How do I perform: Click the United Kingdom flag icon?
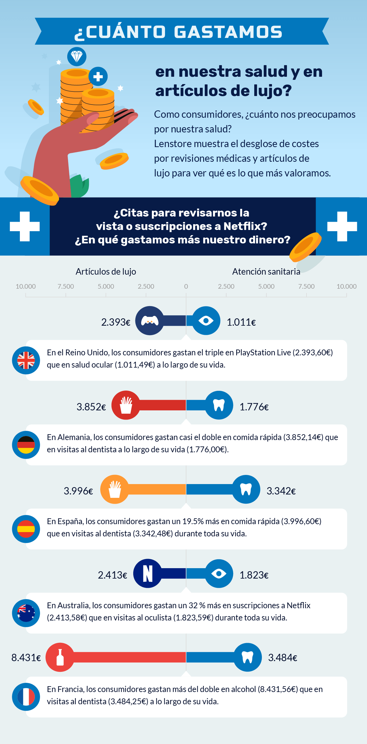26,360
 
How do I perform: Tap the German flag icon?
26,445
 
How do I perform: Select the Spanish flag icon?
26,529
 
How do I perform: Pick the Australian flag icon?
26,613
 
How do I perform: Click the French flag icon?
26,697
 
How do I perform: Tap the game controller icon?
149,321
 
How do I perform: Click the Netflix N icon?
148,573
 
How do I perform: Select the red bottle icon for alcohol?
60,657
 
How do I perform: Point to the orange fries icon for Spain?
115,489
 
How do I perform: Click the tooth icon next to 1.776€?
219,405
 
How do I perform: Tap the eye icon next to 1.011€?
206,321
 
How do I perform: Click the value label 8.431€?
26,657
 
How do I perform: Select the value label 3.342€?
281,491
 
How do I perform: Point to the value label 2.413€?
112,575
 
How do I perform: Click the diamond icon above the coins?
77,57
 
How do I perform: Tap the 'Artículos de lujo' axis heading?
106,272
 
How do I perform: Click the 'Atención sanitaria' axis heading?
266,272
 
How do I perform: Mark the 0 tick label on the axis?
186,287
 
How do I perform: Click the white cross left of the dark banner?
25,226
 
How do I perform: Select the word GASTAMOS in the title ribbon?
228,32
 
